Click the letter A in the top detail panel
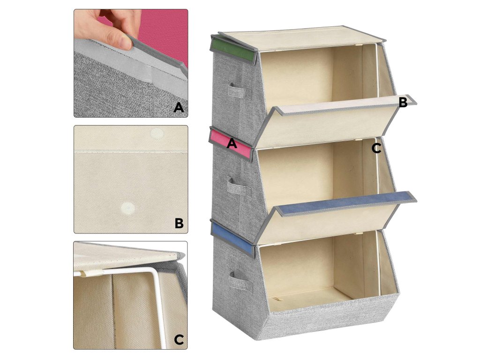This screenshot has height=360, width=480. tap(179, 107)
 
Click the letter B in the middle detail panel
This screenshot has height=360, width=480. tap(179, 223)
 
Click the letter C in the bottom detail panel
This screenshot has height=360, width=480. tap(179, 339)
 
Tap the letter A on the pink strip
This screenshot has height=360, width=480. tap(232, 143)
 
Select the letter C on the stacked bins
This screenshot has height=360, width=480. tap(376, 149)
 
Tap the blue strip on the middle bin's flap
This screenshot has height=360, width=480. tap(346, 204)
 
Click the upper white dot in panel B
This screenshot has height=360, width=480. tap(157, 134)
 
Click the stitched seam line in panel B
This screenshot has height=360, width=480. tap(131, 151)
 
